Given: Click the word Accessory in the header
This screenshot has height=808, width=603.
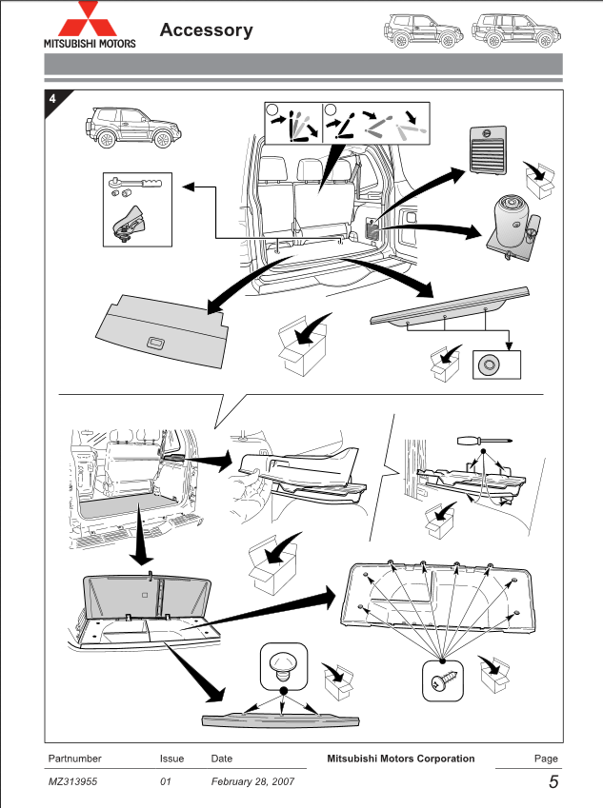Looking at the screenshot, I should (x=206, y=30).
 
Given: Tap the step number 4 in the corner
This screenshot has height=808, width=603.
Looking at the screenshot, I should (x=55, y=99).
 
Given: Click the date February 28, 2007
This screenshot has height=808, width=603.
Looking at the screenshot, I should (x=252, y=782).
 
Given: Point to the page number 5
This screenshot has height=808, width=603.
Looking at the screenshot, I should (x=553, y=782).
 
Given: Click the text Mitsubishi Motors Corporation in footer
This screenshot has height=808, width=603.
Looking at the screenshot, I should (x=400, y=759).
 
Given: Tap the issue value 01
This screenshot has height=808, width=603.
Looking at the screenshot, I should (x=165, y=782).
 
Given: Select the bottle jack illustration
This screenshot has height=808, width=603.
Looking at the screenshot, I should (x=512, y=224).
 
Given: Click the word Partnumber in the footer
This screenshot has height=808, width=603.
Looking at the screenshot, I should (x=74, y=759).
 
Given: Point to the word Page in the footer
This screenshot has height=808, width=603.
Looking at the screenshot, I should (x=547, y=759).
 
